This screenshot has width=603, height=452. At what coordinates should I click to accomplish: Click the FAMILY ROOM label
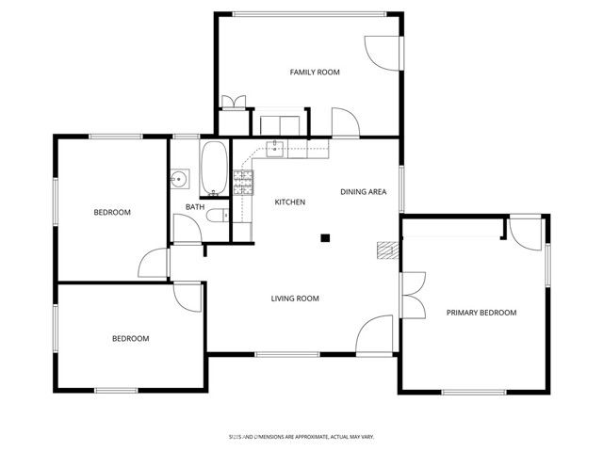pos(314,72)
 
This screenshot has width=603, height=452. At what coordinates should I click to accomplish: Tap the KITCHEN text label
pos(289,202)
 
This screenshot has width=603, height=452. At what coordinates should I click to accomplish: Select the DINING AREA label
pos(363,192)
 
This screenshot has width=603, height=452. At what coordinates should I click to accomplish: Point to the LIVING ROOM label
pos(295,299)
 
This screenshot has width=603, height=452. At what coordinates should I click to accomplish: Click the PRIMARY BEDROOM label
pos(481,313)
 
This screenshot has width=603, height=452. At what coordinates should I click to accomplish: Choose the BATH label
pos(194,207)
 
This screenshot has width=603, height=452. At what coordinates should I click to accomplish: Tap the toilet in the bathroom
pos(216,217)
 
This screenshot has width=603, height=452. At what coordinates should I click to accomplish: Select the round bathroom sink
pos(180,178)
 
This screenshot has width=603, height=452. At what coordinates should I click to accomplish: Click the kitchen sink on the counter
pos(276,147)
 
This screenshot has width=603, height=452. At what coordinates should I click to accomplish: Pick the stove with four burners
pos(243,181)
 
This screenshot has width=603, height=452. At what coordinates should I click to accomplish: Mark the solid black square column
pos(325,238)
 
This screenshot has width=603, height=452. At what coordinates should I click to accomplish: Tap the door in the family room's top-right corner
pos(382,52)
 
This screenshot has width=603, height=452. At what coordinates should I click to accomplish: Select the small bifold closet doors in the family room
pos(232,103)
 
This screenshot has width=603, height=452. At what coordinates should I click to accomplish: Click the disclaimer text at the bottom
pos(301,437)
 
